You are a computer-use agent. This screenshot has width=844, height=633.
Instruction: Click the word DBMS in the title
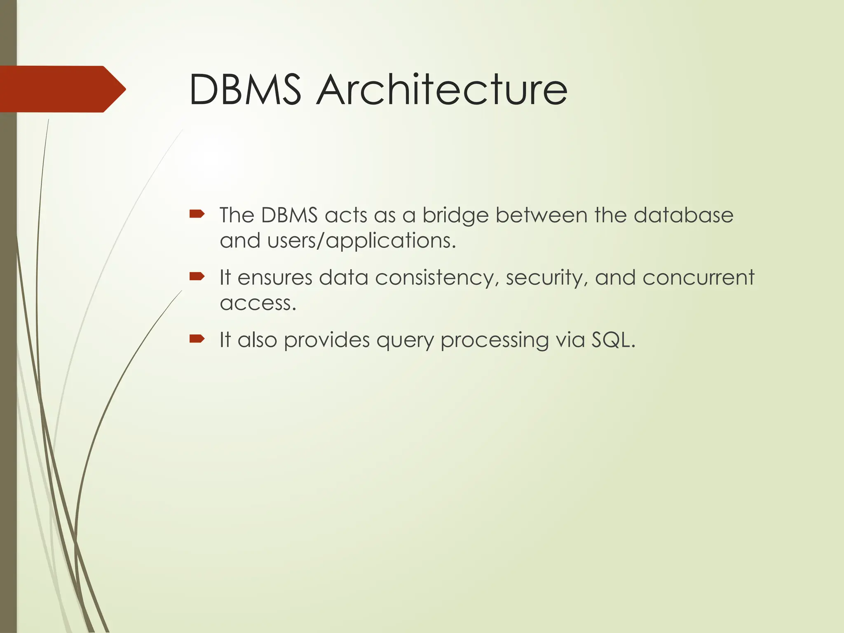pyautogui.click(x=245, y=89)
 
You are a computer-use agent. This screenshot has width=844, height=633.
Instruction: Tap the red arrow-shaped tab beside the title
pyautogui.click(x=62, y=89)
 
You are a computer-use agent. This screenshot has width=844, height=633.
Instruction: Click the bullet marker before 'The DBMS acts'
pyautogui.click(x=197, y=213)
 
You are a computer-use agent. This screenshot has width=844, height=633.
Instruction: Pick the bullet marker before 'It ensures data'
pyautogui.click(x=197, y=276)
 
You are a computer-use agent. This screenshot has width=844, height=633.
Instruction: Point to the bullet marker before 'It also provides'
pyautogui.click(x=197, y=339)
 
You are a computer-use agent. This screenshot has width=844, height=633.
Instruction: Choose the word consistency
pyautogui.click(x=434, y=278)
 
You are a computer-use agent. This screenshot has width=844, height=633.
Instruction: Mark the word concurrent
pyautogui.click(x=698, y=277)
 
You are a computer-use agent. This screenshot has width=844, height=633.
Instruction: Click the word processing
pyautogui.click(x=495, y=341)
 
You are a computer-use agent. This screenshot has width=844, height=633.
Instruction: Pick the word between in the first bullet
pyautogui.click(x=541, y=215)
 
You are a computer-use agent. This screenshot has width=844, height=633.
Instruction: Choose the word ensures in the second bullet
pyautogui.click(x=275, y=278)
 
